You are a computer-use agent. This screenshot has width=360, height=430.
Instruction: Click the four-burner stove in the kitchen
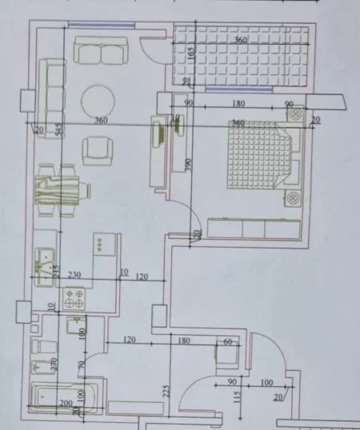pos(75,300)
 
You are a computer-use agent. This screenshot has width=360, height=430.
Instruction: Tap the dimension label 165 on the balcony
pos(191,54)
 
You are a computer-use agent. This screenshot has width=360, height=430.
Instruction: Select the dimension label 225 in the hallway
pos(166,390)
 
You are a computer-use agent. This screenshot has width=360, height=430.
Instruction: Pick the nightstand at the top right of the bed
pos(297,115)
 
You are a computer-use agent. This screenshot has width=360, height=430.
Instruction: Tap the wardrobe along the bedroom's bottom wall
pos(253,228)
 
